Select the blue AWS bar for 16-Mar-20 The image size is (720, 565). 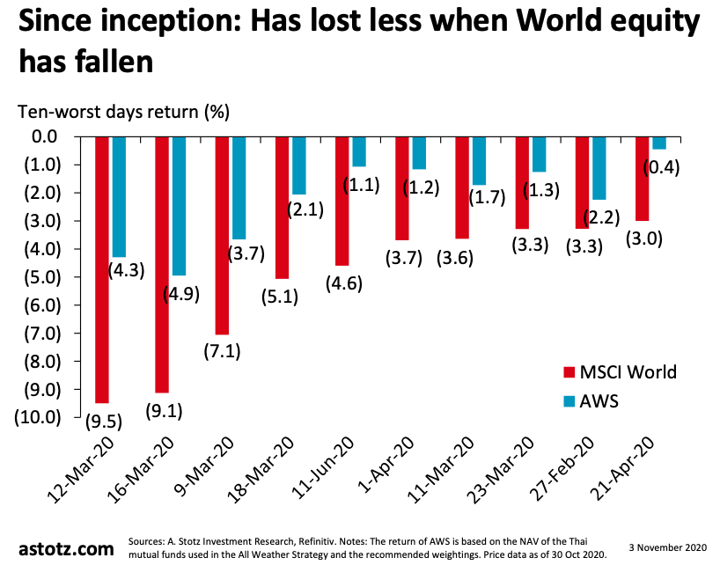point(180,206)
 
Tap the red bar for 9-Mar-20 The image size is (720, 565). point(222,235)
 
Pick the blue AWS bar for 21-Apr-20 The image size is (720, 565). point(659,143)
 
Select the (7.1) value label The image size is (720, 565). point(222,352)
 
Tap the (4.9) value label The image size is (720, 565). point(182,294)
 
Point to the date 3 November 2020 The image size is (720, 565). point(666,547)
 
